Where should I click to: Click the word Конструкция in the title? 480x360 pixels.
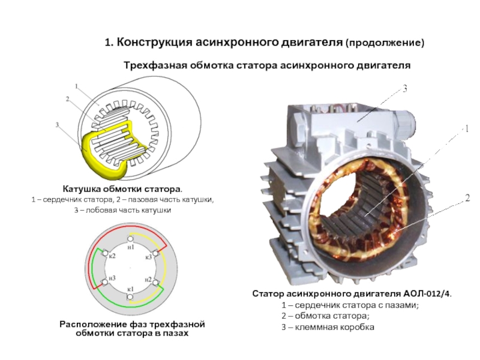pyautogui.click(x=154, y=42)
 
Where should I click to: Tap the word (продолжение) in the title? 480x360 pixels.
pyautogui.click(x=385, y=43)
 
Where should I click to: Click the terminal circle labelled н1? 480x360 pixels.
pyautogui.click(x=130, y=239)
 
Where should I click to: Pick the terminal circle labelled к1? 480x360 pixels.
pyautogui.click(x=130, y=297)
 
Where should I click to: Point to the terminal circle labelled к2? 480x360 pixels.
pyautogui.click(x=106, y=253)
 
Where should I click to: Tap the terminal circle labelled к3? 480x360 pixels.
pyautogui.click(x=155, y=253)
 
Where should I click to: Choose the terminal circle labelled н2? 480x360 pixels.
pyautogui.click(x=155, y=282)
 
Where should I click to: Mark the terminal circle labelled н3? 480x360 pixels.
pyautogui.click(x=105, y=282)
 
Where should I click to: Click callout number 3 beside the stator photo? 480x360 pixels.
pyautogui.click(x=404, y=89)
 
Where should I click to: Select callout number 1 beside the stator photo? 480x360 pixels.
pyautogui.click(x=467, y=129)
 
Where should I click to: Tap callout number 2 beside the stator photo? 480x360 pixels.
pyautogui.click(x=467, y=199)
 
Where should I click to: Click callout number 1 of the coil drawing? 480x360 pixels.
pyautogui.click(x=77, y=86)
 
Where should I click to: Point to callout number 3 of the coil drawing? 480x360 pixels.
pyautogui.click(x=57, y=125)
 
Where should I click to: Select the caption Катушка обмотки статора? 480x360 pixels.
pyautogui.click(x=122, y=188)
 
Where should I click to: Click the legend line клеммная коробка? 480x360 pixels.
pyautogui.click(x=328, y=327)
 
